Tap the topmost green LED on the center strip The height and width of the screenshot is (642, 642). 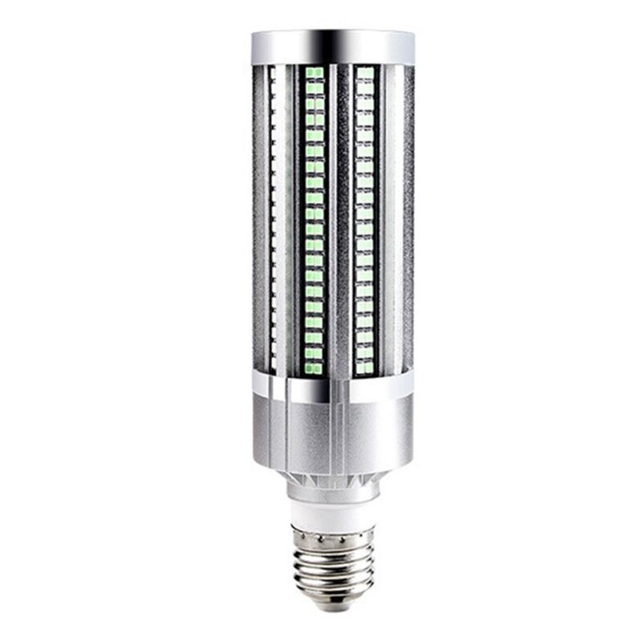(x=314, y=73)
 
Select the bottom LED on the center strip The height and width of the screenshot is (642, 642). (x=314, y=368)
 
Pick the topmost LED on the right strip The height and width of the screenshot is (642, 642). (x=365, y=73)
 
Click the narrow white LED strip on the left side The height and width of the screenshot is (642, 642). (x=273, y=217)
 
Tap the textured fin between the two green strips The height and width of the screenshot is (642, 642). (x=340, y=217)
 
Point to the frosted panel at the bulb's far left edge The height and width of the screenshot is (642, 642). (x=259, y=217)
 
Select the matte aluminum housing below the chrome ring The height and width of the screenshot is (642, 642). (x=333, y=433)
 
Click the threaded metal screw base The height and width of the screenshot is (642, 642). (x=333, y=562)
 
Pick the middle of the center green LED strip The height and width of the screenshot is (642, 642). (x=314, y=221)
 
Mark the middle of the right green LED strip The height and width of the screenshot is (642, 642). (x=365, y=221)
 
